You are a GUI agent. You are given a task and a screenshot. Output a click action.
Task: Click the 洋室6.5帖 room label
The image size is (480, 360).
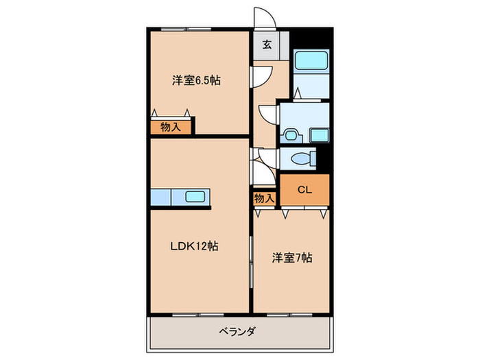(x=195, y=80)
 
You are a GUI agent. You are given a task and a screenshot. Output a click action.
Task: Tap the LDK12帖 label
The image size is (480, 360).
(x=194, y=246)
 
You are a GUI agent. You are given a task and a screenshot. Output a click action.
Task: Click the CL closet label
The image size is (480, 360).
(x=304, y=190)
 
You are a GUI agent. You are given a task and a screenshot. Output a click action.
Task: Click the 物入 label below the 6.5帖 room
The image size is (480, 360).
(x=170, y=126)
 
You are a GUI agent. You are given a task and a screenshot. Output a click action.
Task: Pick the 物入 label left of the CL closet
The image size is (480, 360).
(x=264, y=198)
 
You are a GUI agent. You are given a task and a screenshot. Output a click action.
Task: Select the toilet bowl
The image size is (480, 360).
(x=300, y=159)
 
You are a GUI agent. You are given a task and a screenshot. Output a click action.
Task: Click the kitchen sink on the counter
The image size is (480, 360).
(x=197, y=197)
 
